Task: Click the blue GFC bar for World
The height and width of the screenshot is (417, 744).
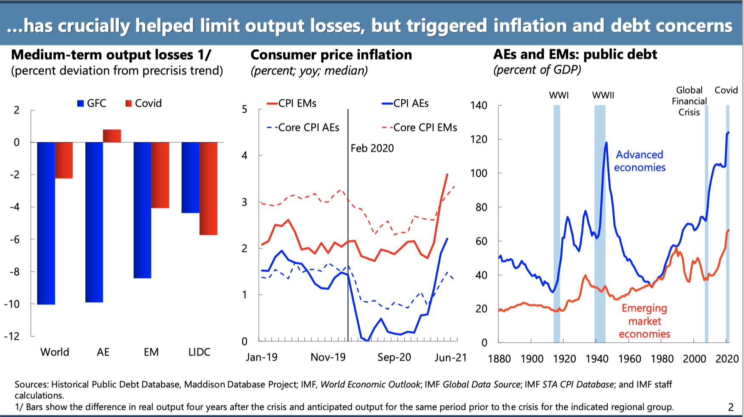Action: tap(46, 223)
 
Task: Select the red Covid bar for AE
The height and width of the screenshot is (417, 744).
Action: tap(112, 136)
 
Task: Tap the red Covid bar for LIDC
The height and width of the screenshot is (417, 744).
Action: tap(209, 188)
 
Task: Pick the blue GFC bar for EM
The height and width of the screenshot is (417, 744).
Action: tap(142, 210)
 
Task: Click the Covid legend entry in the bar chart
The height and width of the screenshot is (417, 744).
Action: tap(144, 103)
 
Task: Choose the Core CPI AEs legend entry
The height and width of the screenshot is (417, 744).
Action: tap(303, 127)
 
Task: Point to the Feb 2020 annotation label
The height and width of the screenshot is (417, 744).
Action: tap(372, 148)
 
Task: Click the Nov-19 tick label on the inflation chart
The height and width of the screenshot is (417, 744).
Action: tap(328, 357)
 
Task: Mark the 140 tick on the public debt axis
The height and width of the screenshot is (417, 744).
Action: tap(479, 105)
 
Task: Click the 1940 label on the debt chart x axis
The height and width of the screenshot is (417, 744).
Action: tap(597, 359)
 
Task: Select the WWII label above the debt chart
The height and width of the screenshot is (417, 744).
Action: tap(603, 95)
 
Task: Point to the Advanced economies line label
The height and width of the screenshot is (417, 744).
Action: tap(640, 161)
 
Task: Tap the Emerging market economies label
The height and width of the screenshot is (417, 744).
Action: tap(644, 321)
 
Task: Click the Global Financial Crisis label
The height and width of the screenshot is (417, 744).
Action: tap(689, 101)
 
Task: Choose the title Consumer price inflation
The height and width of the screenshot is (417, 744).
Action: tap(331, 55)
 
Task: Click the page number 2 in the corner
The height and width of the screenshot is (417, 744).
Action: tap(731, 407)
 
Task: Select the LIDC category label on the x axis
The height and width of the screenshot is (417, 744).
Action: tap(199, 352)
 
